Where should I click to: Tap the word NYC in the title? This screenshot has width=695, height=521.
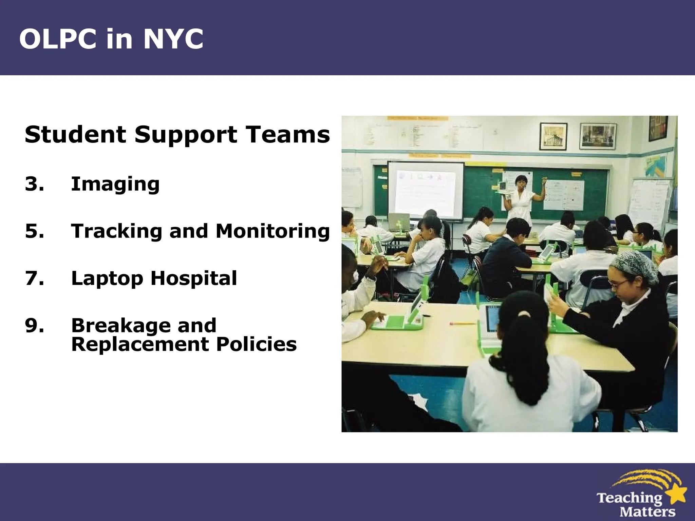173,39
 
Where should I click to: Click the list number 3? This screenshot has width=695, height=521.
34,184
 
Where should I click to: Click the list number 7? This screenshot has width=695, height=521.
34,278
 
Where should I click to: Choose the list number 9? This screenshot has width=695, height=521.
34,325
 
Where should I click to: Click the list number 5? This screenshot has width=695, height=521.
34,231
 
